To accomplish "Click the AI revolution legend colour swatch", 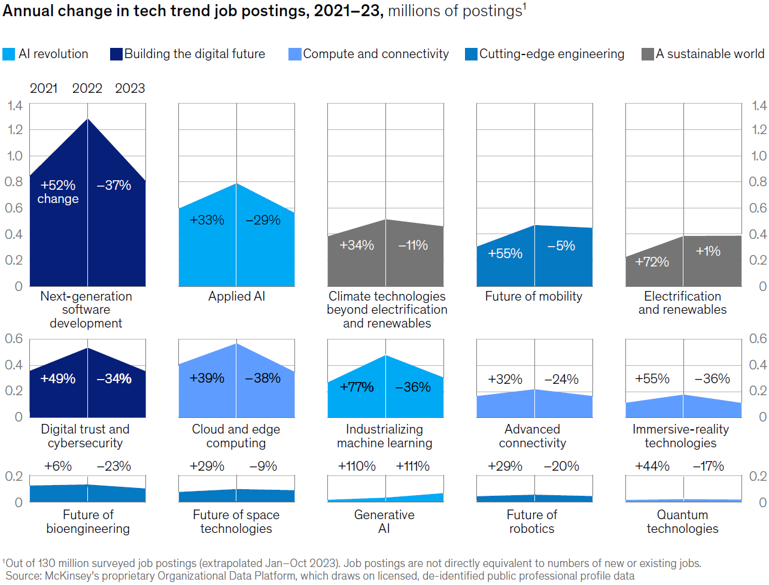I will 8,54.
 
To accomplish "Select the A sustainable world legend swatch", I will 647,54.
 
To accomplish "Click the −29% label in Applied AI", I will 263,220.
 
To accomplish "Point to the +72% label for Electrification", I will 652,262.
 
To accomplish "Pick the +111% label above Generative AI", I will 412,466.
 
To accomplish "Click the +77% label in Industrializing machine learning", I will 357,387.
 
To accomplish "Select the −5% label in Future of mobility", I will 561,245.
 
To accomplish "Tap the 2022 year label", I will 87,88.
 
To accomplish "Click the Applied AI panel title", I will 236,296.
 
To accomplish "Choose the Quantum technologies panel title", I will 682,522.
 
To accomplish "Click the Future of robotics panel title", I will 531,522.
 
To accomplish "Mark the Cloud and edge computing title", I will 236,436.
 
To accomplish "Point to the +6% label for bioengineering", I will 58,466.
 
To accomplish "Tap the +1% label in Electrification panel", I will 708,251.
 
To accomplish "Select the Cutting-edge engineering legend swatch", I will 472,54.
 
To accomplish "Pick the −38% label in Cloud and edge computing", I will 263,378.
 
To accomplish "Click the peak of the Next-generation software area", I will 88,119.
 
